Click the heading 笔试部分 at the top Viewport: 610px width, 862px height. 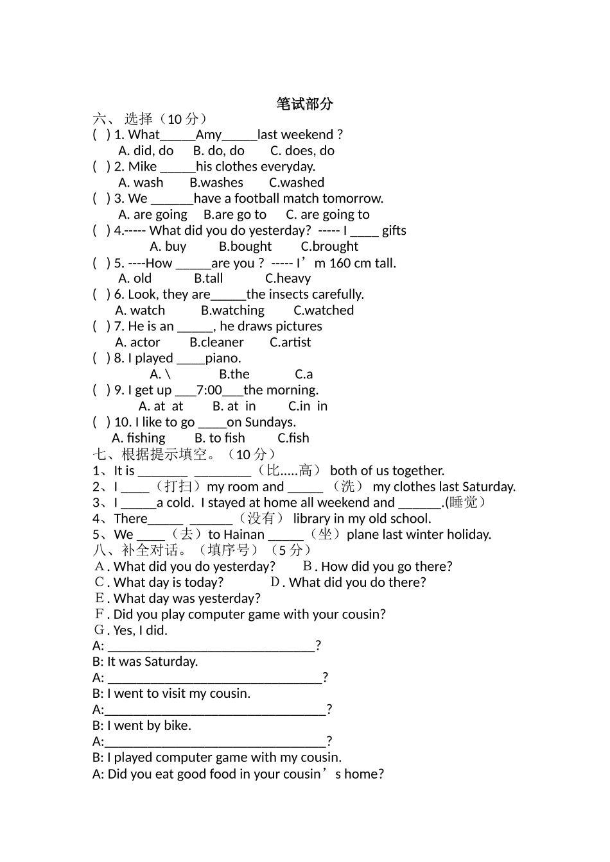pos(304,104)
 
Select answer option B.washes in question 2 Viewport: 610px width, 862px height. pos(216,183)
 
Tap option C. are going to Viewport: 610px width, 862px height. pos(327,215)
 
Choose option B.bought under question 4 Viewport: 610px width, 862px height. pos(245,247)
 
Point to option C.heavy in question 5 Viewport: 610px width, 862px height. pos(288,278)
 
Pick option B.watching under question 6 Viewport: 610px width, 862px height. pos(232,310)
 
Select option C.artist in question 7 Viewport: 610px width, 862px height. pos(290,342)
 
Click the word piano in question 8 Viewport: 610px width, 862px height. pos(222,359)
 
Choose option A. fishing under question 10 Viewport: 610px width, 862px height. pos(139,438)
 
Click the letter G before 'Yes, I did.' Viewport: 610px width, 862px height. pos(99,630)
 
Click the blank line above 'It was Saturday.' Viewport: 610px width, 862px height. pos(211,646)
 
